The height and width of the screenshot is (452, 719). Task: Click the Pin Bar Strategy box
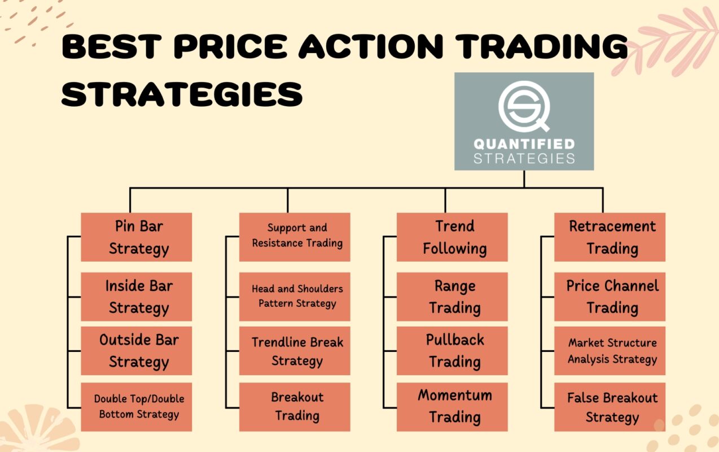pos(137,237)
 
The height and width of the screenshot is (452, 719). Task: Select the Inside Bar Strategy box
pos(137,297)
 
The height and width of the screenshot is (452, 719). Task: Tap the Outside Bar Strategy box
pos(137,351)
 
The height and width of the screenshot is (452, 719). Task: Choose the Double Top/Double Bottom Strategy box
pos(137,407)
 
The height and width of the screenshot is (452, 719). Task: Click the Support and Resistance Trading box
pos(295,237)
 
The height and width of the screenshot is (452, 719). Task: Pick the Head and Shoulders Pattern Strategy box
pos(295,297)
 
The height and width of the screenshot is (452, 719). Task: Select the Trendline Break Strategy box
pos(295,351)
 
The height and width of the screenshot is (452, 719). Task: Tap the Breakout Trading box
pos(295,407)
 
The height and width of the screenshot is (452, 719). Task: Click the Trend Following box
pos(452,237)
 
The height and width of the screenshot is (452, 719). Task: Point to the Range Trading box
pos(452,297)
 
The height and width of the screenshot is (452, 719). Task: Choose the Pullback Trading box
pos(452,351)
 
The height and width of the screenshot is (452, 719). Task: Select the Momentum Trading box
pos(452,407)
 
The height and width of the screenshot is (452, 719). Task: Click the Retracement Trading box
pos(610,237)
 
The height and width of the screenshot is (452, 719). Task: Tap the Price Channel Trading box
pos(610,297)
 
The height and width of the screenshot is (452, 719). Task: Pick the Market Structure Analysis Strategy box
pos(610,351)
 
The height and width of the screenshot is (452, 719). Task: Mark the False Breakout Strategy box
pos(610,407)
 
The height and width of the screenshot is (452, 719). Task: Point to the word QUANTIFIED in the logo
pos(524,144)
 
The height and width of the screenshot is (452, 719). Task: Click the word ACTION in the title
pos(371,47)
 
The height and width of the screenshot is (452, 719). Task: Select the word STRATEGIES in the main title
pos(182,94)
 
